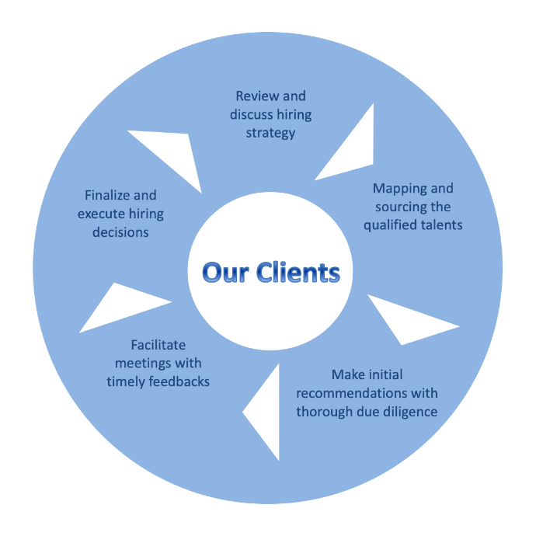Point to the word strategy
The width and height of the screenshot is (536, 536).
(x=270, y=133)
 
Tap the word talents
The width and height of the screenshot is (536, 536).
(x=440, y=225)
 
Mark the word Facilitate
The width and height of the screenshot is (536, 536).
(x=158, y=345)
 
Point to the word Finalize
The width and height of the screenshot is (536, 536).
(x=110, y=195)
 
